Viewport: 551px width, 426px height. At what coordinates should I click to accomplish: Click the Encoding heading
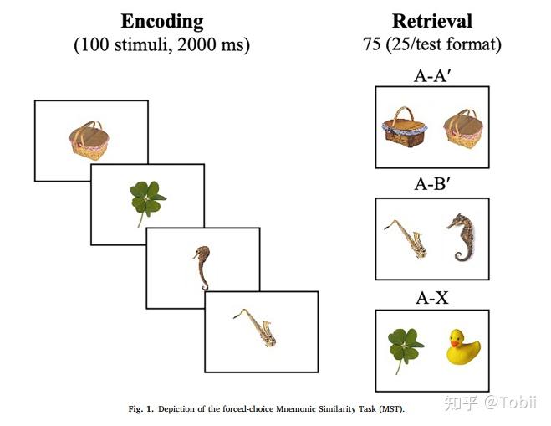click(x=162, y=22)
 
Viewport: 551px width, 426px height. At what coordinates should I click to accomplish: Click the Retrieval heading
click(x=432, y=21)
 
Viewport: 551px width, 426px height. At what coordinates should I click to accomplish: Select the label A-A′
click(x=432, y=75)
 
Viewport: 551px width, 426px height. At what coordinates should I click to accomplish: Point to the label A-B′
click(x=432, y=183)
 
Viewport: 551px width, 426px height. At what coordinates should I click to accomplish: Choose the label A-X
click(x=432, y=298)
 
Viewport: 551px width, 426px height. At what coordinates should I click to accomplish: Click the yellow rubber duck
click(x=463, y=347)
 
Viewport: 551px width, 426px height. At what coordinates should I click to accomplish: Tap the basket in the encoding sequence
click(x=89, y=141)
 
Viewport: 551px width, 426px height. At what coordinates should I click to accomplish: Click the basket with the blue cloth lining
click(x=405, y=127)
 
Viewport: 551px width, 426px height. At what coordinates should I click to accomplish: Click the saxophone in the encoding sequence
click(x=255, y=327)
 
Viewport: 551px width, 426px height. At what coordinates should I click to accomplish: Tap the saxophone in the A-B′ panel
click(x=406, y=239)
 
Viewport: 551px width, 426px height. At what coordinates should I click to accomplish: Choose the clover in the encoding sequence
click(x=147, y=201)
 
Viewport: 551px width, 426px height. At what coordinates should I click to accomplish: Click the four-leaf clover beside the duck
click(x=406, y=347)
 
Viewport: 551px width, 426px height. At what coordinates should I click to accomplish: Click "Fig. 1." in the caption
click(x=141, y=409)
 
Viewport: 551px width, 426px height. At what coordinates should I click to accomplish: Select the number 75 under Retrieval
click(x=372, y=44)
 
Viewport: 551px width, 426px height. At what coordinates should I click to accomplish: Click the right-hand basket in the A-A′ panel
click(x=463, y=128)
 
